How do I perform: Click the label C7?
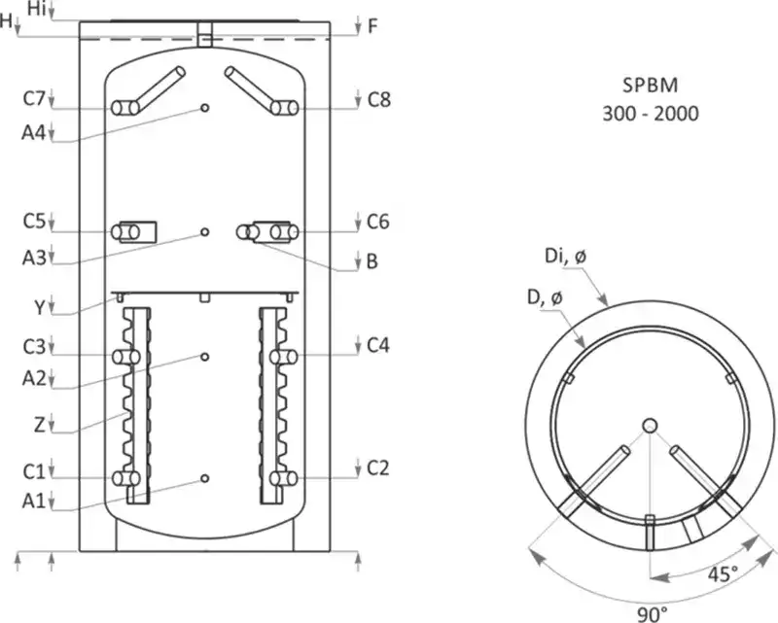[x=33, y=98]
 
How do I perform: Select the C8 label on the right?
[x=378, y=98]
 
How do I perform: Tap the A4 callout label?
[x=33, y=133]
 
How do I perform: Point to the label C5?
[x=33, y=222]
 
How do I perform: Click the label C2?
[x=378, y=469]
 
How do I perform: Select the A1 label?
[x=33, y=502]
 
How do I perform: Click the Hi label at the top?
[x=36, y=9]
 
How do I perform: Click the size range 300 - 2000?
[x=649, y=113]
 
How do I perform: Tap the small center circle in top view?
[x=651, y=425]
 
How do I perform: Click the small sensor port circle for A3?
[x=204, y=231]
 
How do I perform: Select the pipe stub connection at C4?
[x=285, y=358]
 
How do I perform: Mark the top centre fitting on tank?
[x=204, y=34]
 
